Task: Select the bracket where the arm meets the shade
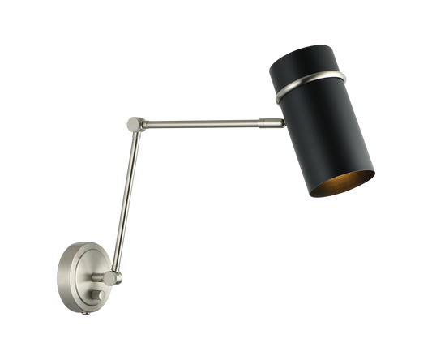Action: coord(278,122)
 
